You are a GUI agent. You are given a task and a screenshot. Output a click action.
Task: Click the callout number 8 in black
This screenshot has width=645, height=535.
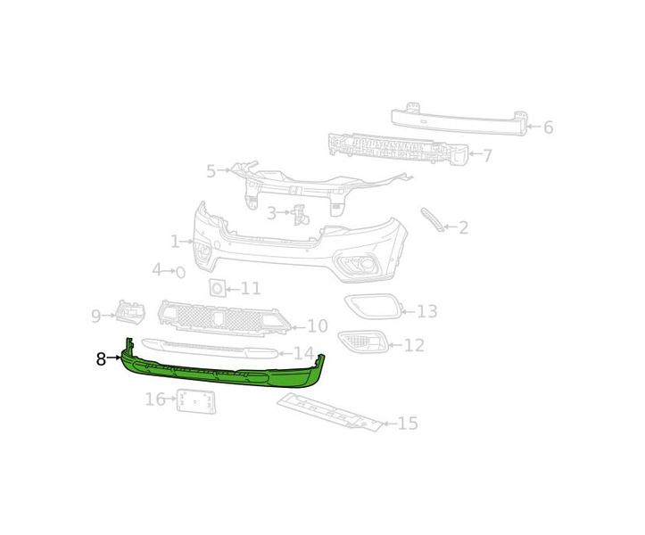[101, 359]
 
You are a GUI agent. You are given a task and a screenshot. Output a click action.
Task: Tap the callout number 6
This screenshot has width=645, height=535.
[548, 128]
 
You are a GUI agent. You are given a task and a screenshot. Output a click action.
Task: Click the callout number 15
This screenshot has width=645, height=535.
[408, 424]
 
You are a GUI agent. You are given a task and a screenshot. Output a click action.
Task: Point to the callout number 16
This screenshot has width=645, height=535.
[155, 399]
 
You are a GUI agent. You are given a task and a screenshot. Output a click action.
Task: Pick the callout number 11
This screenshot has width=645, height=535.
[251, 289]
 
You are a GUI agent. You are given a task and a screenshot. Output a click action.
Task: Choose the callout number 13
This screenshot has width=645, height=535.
[427, 311]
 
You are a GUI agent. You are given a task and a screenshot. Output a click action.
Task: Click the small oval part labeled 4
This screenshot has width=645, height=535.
[180, 272]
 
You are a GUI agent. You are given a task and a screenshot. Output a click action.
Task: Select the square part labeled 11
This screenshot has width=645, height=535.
[217, 288]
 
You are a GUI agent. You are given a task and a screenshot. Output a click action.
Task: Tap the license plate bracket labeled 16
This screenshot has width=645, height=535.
[195, 401]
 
